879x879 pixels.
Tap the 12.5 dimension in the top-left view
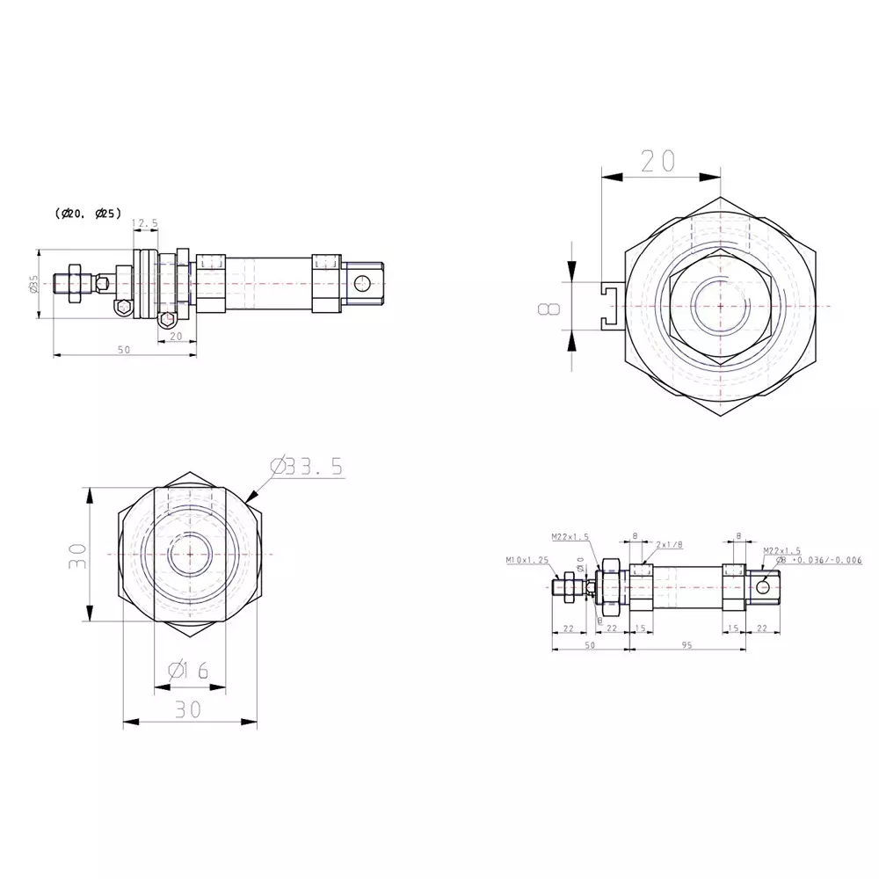point(145,224)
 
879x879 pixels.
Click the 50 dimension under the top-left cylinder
point(124,349)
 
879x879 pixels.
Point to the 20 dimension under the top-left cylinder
point(176,336)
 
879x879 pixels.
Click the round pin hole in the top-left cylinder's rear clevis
point(362,282)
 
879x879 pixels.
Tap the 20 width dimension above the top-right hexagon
point(657,160)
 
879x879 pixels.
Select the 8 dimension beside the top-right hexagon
point(549,309)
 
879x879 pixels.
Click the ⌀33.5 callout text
point(307,467)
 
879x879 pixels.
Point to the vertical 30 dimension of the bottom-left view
point(78,555)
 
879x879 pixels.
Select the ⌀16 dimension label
point(187,671)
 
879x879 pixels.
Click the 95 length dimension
point(686,645)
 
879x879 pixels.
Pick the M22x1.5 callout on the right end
point(782,549)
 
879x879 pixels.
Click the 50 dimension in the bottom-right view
point(590,645)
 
